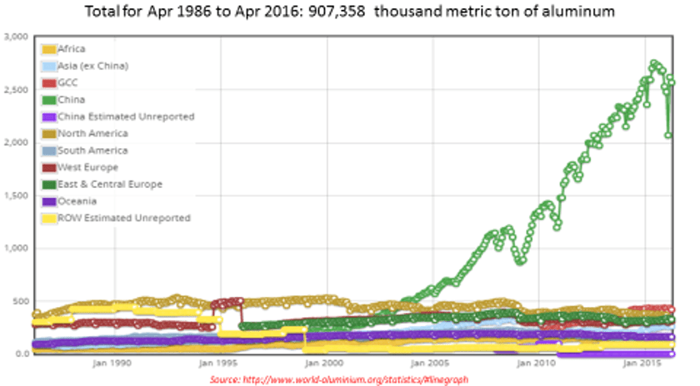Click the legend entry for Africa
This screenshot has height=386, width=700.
point(71,49)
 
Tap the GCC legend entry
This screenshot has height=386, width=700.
point(69,82)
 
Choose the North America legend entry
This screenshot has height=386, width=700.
point(92,133)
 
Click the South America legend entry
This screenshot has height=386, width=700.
point(92,151)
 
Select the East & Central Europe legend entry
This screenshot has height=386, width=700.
point(109,184)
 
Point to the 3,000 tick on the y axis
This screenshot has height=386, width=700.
point(16,37)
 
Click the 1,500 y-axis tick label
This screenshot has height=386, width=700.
point(16,195)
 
